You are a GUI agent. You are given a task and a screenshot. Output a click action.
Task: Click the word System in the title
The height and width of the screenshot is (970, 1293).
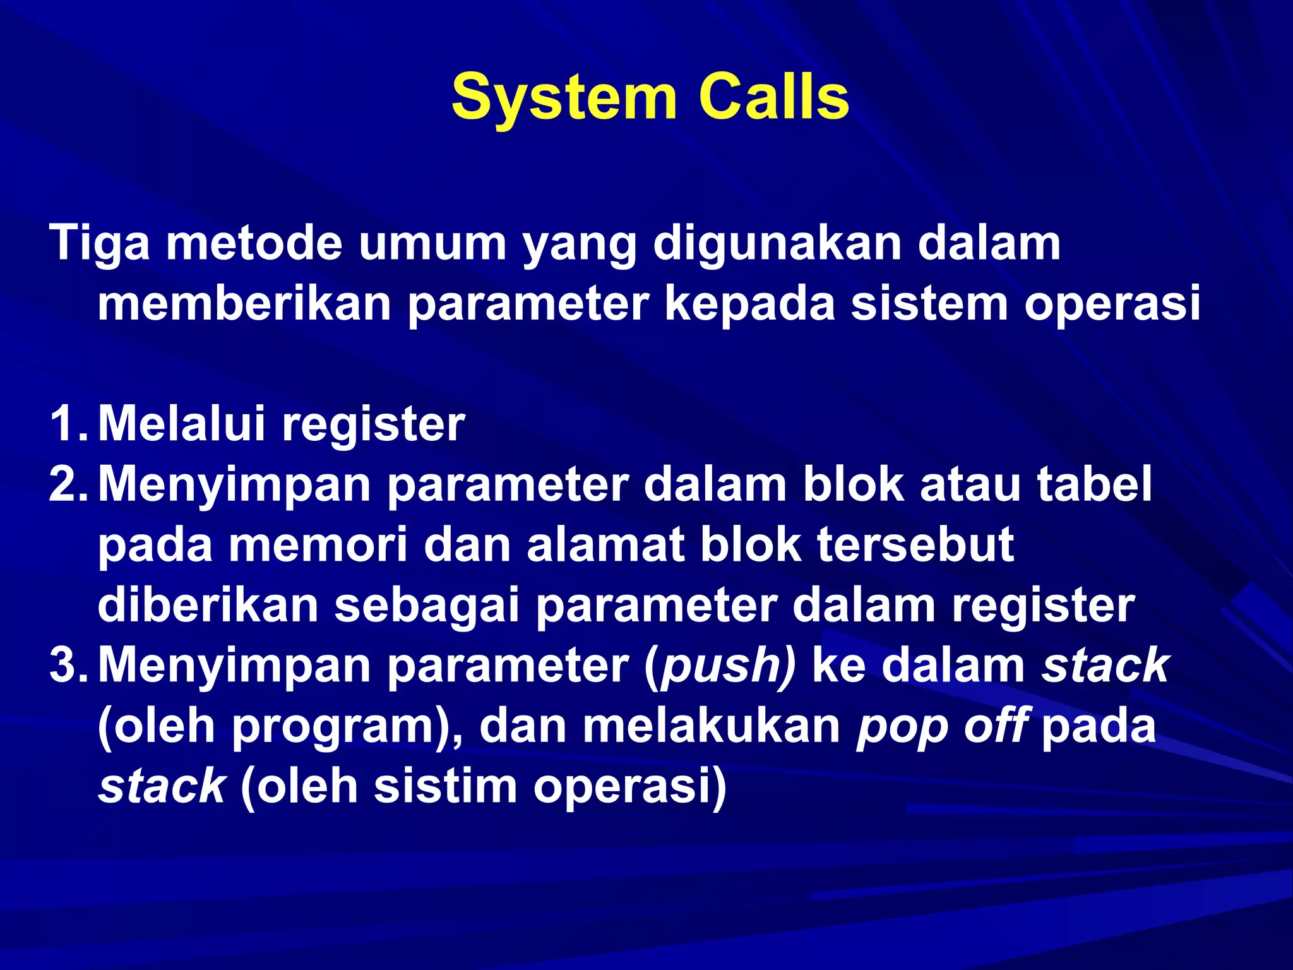click(564, 98)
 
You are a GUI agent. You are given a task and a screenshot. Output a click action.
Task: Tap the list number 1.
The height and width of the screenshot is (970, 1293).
click(66, 424)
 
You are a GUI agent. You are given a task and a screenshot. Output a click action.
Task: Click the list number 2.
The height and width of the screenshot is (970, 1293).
click(66, 484)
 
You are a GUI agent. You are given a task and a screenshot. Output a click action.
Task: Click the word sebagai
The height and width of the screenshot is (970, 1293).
click(427, 605)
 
